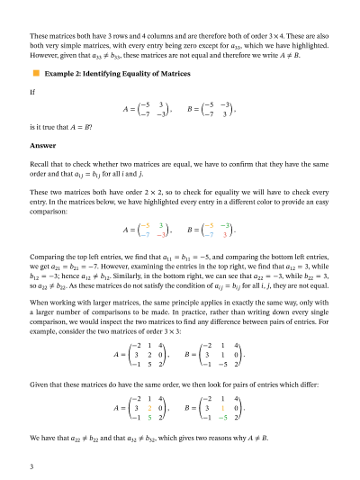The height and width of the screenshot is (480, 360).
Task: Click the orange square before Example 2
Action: point(35,75)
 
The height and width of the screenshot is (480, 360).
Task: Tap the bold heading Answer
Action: point(42,144)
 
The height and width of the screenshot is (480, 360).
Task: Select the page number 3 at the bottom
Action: point(32,466)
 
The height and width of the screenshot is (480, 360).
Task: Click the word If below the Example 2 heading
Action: point(32,91)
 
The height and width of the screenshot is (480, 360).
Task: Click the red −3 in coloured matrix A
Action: point(159,234)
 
